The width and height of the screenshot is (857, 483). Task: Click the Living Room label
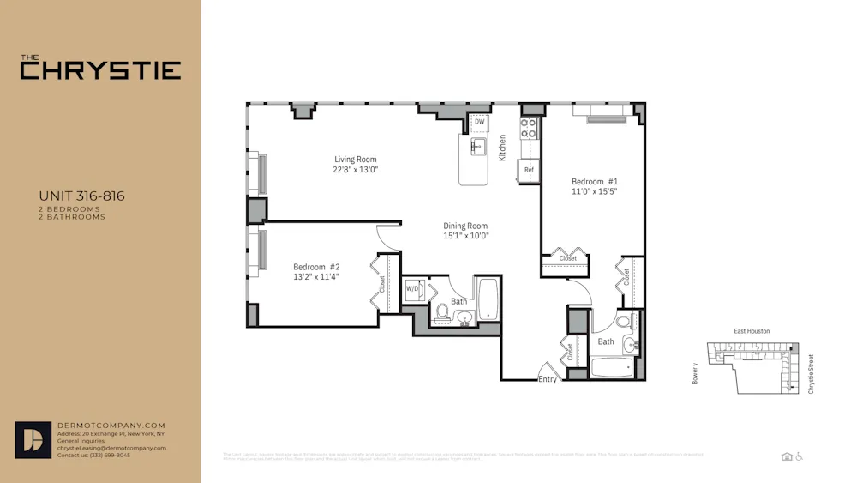tap(355, 160)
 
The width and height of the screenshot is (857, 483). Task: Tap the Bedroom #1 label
tap(595, 182)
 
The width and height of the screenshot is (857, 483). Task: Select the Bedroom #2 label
tap(316, 267)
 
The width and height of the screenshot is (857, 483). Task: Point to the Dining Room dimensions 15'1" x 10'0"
tap(465, 236)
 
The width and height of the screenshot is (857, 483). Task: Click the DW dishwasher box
tap(480, 122)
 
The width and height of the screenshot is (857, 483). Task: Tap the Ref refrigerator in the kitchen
tap(529, 170)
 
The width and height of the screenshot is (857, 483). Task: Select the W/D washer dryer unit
tap(412, 289)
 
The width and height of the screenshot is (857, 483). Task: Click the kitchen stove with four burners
tap(529, 129)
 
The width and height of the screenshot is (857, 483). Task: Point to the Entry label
tap(548, 379)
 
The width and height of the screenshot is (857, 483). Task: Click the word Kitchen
tap(503, 147)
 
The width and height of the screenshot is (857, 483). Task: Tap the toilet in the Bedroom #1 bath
tap(624, 323)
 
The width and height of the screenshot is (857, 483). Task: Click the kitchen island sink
tap(478, 146)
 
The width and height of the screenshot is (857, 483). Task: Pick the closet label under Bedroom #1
tap(568, 258)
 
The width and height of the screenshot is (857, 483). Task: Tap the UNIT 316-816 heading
tap(81, 196)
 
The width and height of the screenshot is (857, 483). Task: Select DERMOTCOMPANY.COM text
tap(111, 426)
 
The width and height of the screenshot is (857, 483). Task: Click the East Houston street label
tap(752, 331)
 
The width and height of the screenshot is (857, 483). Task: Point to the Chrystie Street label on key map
tap(811, 374)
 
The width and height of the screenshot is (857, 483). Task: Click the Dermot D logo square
tap(33, 440)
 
